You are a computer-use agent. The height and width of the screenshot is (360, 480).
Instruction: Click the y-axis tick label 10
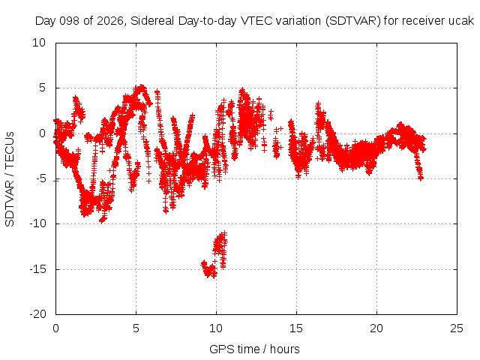point(39,43)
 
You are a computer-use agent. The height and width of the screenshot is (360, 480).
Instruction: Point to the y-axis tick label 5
point(42,88)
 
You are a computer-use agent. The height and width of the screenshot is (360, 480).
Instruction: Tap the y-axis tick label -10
point(37,223)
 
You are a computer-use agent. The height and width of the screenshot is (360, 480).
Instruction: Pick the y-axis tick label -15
point(37,269)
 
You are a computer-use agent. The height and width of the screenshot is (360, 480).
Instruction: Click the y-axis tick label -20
point(37,314)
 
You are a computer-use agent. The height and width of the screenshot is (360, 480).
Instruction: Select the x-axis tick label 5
point(136,328)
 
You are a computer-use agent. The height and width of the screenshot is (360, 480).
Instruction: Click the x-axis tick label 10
point(216,328)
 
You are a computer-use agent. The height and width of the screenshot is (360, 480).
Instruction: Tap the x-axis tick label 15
point(296,328)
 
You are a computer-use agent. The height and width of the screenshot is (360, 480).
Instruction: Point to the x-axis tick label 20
point(376,328)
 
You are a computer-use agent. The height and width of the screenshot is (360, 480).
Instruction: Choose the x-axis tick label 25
point(457,328)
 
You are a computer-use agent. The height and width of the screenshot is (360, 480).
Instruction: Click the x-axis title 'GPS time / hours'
point(254,349)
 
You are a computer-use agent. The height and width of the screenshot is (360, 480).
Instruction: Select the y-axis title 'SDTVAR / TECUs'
point(10,179)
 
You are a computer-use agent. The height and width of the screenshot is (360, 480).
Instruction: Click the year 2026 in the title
point(110,21)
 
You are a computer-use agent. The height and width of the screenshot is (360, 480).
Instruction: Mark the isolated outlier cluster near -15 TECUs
point(214,255)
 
